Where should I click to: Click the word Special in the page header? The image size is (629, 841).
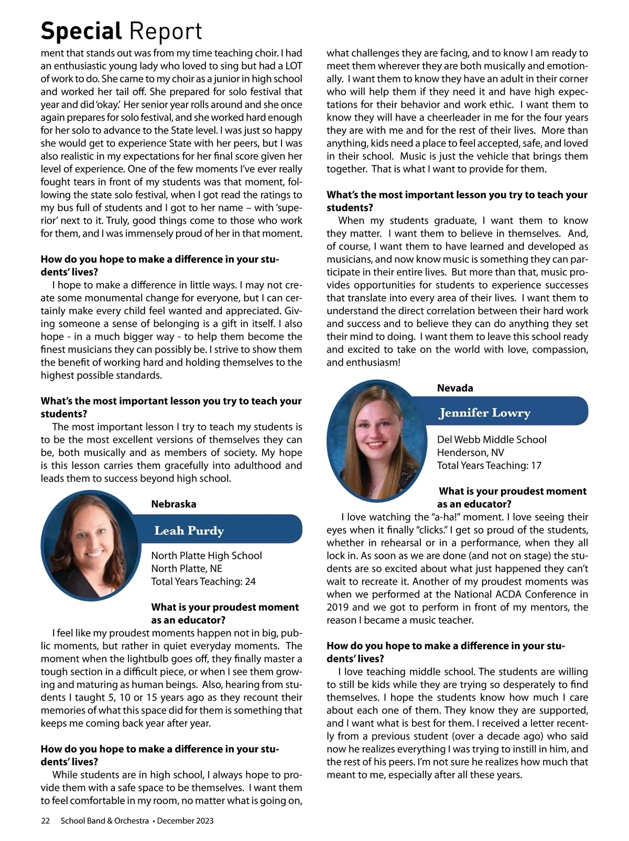coord(81,31)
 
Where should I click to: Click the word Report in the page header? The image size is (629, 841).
coord(166,31)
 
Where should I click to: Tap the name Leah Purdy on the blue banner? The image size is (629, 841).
coord(189,530)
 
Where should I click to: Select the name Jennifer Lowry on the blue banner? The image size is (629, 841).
coord(485,413)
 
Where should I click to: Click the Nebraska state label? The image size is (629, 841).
coord(173,504)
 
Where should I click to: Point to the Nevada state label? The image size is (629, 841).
coord(455,388)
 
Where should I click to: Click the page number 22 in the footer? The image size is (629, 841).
coord(46,821)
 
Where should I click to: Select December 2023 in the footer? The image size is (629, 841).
coord(186,821)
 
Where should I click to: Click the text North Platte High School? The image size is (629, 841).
coord(207,556)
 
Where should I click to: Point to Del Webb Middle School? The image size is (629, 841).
coord(492,439)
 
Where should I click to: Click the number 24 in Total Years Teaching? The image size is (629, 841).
coord(250,581)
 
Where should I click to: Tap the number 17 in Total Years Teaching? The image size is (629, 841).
coord(535,465)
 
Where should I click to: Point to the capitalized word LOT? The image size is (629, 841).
coord(292,66)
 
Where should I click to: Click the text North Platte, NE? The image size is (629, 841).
coord(187,568)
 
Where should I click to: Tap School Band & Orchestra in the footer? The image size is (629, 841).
coord(105,821)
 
